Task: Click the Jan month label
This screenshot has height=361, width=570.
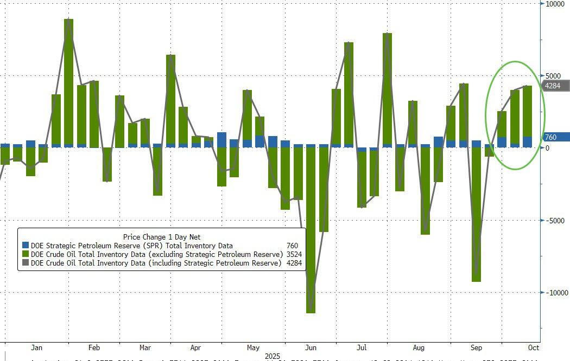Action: coord(37,347)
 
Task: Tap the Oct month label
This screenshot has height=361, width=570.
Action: coord(533,347)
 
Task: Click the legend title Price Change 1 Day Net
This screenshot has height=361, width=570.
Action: coord(162,237)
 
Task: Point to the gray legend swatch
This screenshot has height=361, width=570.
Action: coord(25,263)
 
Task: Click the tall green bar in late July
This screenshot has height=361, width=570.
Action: coord(387,90)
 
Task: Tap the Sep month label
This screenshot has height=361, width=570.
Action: coord(476,347)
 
